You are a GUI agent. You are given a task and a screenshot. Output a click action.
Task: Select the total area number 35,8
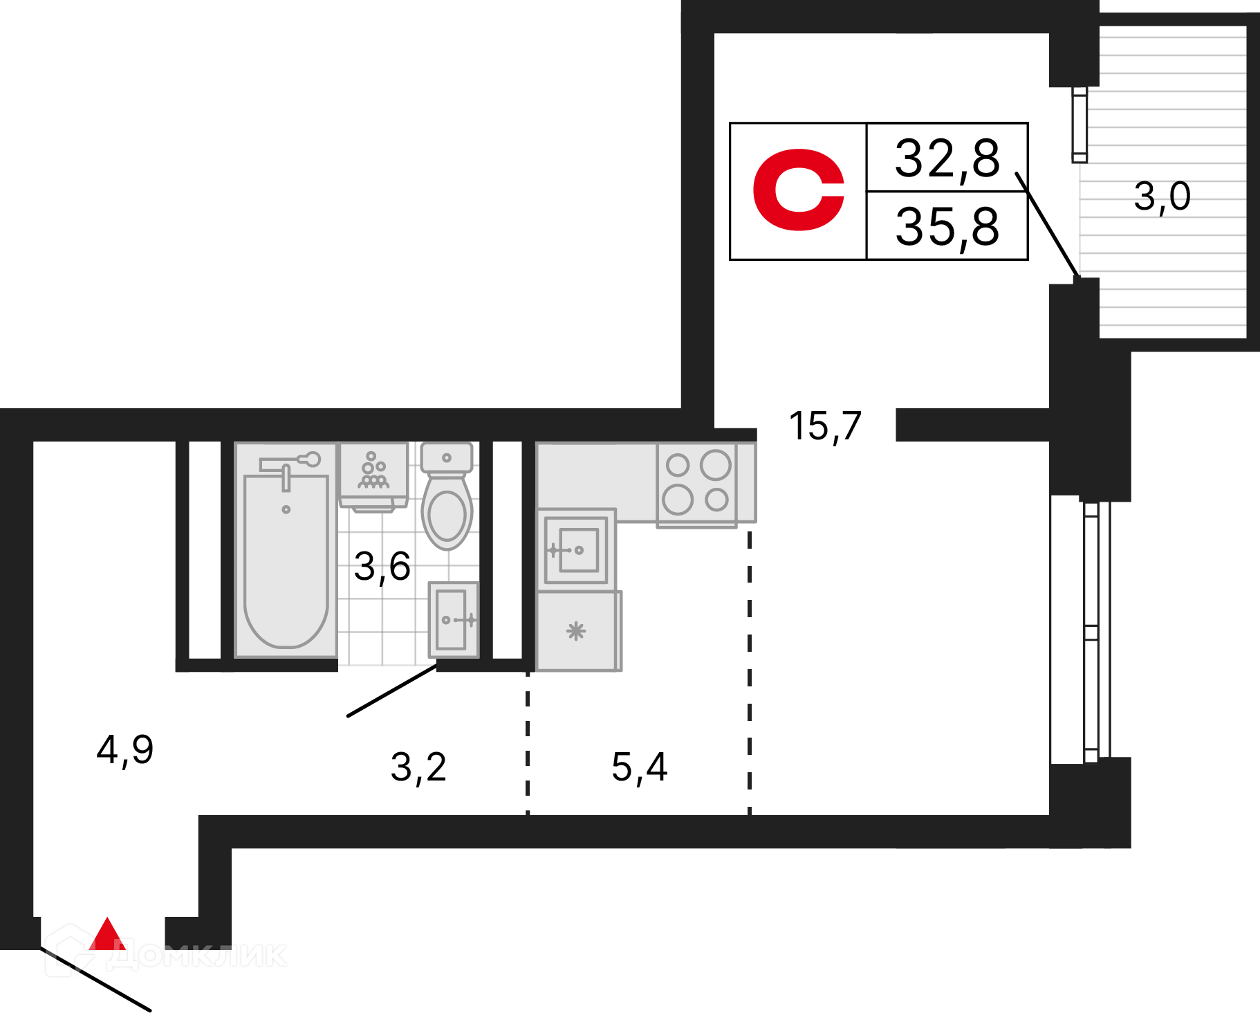coord(947,227)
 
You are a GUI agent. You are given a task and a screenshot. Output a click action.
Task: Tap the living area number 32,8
coord(947,158)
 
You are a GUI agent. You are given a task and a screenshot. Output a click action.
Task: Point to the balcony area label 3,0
coord(1162,197)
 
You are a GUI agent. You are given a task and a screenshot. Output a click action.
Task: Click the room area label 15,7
coord(825,426)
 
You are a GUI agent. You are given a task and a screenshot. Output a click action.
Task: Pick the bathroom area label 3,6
coord(382,567)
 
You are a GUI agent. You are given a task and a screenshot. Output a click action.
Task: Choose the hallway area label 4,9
coord(125,750)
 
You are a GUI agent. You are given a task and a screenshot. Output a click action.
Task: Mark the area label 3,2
coord(418,767)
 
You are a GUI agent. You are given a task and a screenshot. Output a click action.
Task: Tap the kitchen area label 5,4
coord(640,767)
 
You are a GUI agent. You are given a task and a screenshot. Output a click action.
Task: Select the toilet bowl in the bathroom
coord(447,511)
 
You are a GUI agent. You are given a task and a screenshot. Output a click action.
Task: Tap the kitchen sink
coord(576,550)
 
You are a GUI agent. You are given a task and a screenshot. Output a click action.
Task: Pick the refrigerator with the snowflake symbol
coord(579,631)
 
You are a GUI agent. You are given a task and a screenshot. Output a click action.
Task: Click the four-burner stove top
coord(697,484)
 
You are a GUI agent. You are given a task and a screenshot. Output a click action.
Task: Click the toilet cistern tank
coord(447,457)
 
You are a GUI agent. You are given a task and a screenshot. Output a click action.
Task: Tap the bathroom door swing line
coord(392,691)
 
